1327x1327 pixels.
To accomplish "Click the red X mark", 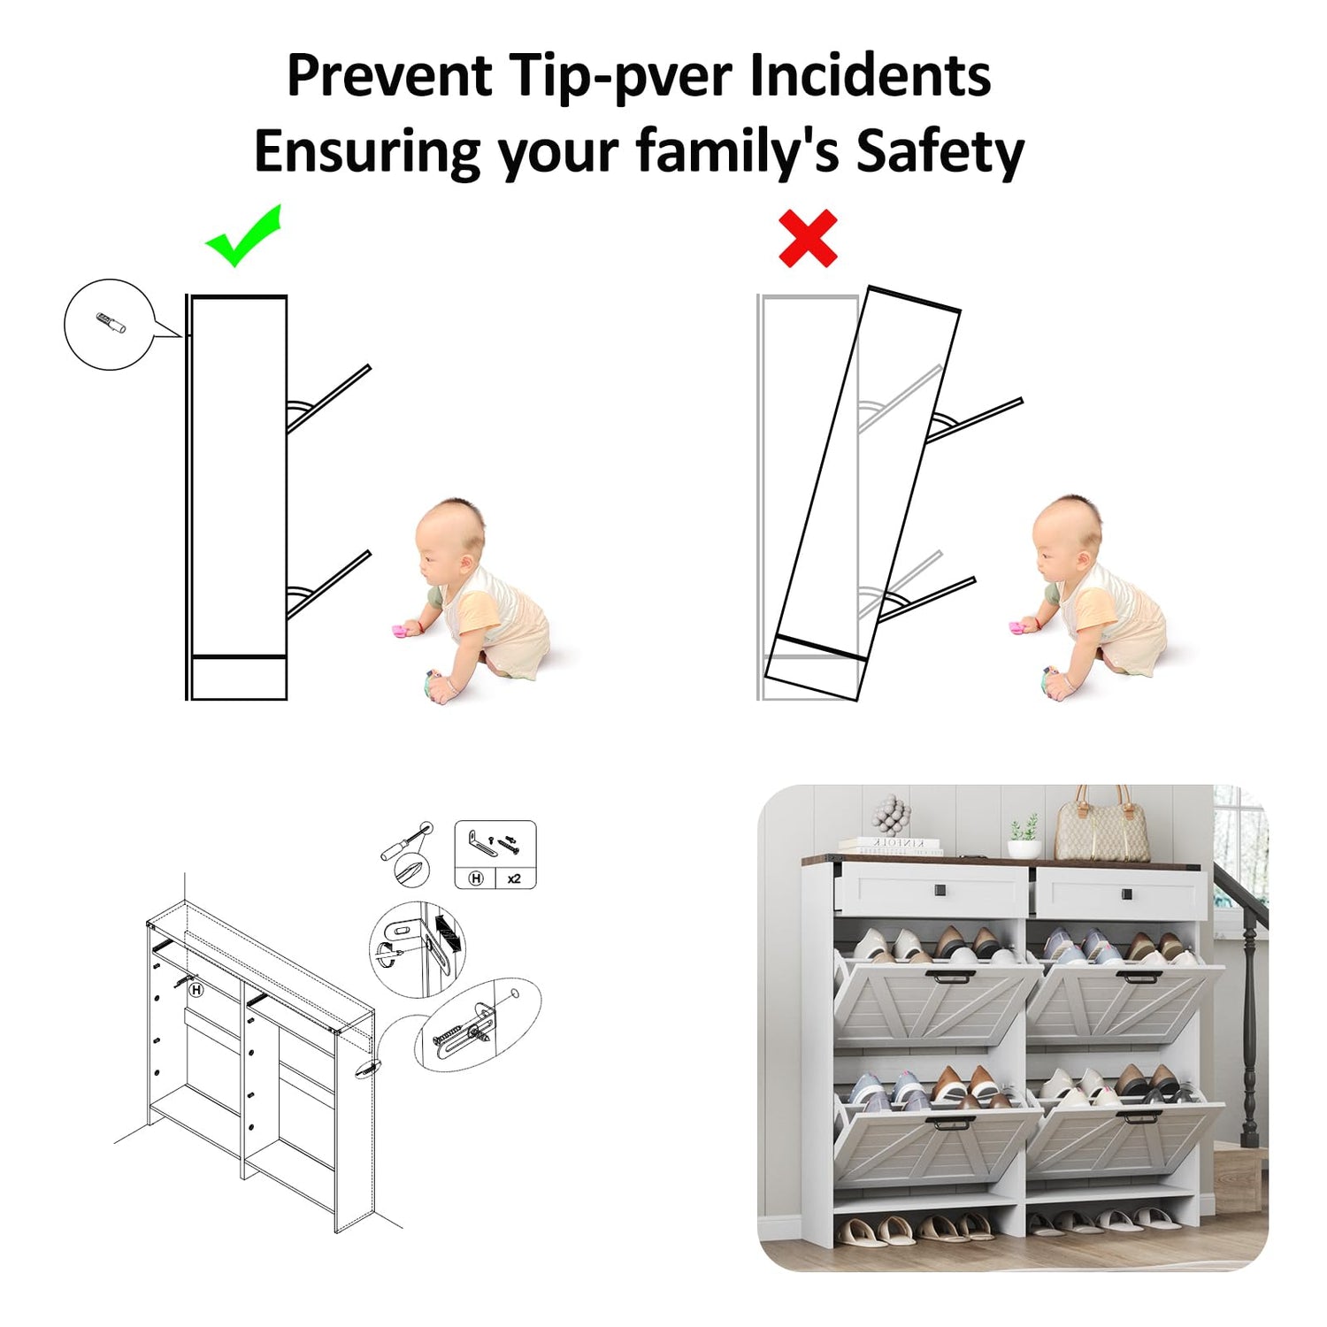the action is (808, 238).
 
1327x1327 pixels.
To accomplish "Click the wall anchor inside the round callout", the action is (111, 323).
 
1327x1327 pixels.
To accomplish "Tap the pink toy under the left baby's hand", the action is (405, 630).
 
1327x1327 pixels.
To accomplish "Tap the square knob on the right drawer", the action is (1127, 894).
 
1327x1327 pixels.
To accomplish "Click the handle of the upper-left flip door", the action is (950, 978).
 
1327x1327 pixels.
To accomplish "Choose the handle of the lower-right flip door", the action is (1139, 1116).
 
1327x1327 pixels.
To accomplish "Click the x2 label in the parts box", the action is (514, 878).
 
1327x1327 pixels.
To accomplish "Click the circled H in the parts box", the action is (476, 878).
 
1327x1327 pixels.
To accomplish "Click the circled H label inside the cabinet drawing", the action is (196, 990).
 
